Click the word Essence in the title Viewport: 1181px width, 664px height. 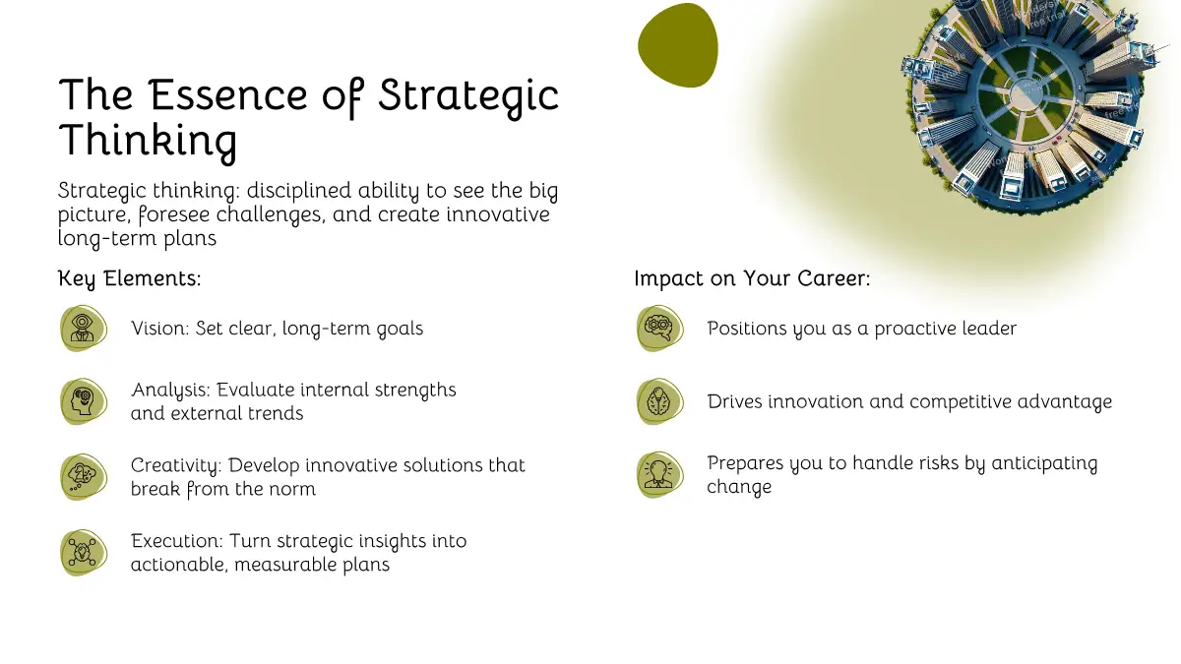click(x=227, y=94)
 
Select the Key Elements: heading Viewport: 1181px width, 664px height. click(x=129, y=278)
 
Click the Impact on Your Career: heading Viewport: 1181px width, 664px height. click(x=752, y=278)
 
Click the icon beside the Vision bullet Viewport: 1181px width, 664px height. click(x=84, y=329)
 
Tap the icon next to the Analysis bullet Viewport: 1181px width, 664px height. click(x=84, y=401)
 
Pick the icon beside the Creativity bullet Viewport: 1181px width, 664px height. click(x=84, y=477)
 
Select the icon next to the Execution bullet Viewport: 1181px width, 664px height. click(x=84, y=553)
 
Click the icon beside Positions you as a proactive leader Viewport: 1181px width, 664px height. click(x=659, y=329)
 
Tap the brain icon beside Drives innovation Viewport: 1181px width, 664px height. click(x=659, y=401)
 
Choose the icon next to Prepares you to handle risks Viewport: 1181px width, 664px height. click(x=659, y=475)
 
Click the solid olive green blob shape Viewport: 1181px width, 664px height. click(x=678, y=45)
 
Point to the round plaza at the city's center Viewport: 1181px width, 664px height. click(x=1026, y=93)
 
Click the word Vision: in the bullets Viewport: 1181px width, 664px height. click(x=159, y=329)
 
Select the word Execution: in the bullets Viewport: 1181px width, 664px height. click(x=177, y=541)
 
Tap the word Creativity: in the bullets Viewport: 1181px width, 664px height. click(x=176, y=466)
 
